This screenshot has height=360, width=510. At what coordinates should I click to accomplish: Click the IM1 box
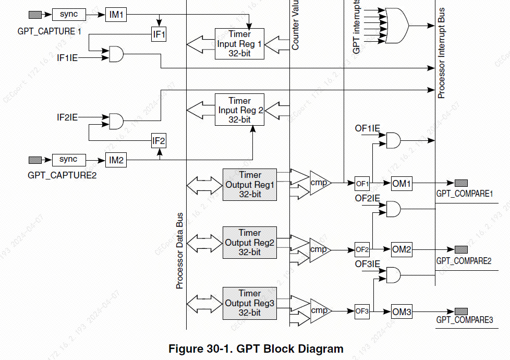pyautogui.click(x=116, y=15)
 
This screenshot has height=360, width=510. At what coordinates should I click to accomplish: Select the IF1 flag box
pyautogui.click(x=159, y=35)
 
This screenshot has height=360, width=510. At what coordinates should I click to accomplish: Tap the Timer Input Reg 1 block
pyautogui.click(x=239, y=44)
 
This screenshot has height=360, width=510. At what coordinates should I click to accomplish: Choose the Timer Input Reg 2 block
pyautogui.click(x=239, y=110)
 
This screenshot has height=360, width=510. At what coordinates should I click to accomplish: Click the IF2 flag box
pyautogui.click(x=159, y=141)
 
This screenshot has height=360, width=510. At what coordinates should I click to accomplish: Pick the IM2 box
pyautogui.click(x=116, y=161)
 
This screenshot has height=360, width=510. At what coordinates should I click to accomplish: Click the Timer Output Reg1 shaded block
pyautogui.click(x=250, y=185)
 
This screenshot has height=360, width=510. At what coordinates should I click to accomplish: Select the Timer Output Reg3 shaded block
pyautogui.click(x=250, y=303)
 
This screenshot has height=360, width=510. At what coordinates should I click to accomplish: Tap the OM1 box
pyautogui.click(x=402, y=184)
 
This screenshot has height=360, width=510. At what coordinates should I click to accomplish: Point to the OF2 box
pyautogui.click(x=362, y=249)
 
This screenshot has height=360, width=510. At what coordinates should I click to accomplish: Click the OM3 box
pyautogui.click(x=402, y=313)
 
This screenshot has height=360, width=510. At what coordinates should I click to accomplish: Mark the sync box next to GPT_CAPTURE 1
pyautogui.click(x=68, y=15)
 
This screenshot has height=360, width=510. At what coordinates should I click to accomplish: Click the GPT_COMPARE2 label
pyautogui.click(x=464, y=260)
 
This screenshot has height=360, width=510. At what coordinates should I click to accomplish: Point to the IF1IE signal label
pyautogui.click(x=67, y=57)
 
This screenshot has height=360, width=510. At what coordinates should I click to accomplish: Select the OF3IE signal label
pyautogui.click(x=368, y=264)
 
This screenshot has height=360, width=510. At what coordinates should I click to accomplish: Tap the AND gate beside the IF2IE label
pyautogui.click(x=116, y=121)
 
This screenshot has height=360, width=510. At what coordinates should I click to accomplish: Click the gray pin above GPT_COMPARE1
pyautogui.click(x=461, y=183)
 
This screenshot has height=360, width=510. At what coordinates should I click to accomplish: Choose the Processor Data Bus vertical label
pyautogui.click(x=179, y=250)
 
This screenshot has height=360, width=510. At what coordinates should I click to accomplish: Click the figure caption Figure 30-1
pyautogui.click(x=256, y=349)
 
